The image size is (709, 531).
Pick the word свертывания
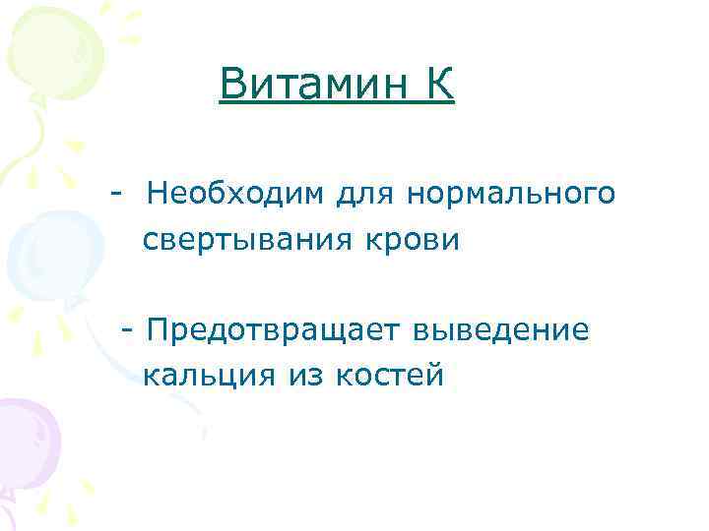pos(248,240)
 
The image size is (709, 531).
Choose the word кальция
pos(209,376)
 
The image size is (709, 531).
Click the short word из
pos(306,376)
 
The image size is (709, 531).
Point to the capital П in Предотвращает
pos(155,330)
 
